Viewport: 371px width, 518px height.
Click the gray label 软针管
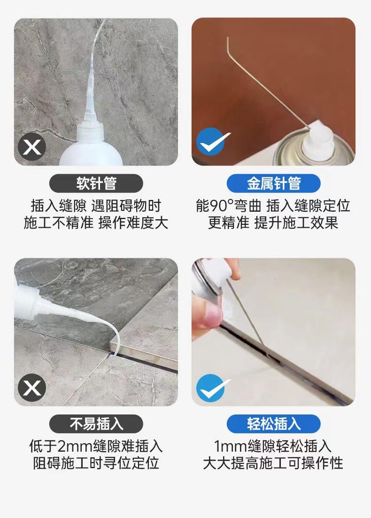(x=96, y=183)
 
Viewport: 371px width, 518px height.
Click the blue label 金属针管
(x=274, y=183)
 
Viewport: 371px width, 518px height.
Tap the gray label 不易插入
(x=96, y=424)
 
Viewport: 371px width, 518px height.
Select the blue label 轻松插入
(x=274, y=424)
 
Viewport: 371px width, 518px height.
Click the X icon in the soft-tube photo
(x=31, y=147)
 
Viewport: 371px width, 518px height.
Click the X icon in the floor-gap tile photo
(x=31, y=387)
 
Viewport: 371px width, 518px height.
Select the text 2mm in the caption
(x=75, y=446)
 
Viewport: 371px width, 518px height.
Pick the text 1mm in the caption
(x=230, y=446)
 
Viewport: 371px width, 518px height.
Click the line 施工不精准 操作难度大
(x=96, y=223)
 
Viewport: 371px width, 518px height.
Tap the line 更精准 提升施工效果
(x=273, y=223)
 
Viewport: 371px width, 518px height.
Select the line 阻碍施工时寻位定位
(x=96, y=463)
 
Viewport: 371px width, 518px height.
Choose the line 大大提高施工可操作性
(x=273, y=463)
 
